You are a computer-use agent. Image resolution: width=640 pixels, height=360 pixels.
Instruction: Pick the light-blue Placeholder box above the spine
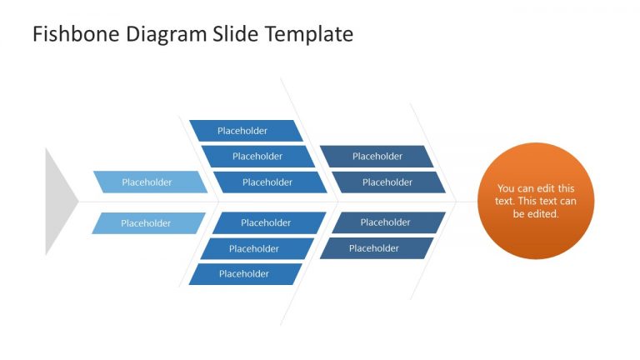[148, 182]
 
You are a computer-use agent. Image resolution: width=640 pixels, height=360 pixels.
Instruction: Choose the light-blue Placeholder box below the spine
[147, 223]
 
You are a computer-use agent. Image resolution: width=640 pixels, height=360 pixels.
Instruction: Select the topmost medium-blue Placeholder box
[244, 131]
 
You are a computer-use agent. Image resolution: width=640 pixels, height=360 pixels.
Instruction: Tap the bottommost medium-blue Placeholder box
[244, 274]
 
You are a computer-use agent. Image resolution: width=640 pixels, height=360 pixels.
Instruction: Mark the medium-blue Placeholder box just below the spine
[267, 223]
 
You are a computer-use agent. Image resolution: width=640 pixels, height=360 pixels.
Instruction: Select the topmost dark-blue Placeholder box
[377, 157]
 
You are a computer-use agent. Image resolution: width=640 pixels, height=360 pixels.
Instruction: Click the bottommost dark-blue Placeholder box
[375, 248]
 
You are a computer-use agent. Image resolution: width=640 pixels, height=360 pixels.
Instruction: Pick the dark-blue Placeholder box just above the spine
[387, 182]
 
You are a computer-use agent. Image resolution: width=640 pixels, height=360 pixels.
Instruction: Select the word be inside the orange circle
[518, 214]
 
